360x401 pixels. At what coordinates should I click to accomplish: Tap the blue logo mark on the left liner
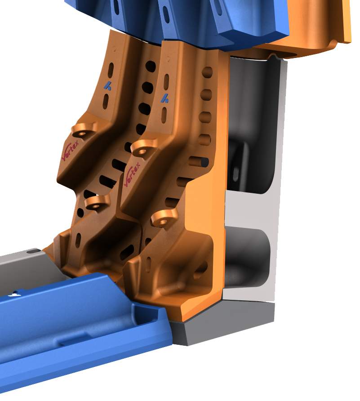[108, 86]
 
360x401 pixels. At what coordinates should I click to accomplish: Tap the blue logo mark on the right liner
[164, 98]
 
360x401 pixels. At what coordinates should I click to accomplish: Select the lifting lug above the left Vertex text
[84, 130]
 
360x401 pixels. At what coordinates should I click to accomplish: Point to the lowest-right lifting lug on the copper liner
[164, 218]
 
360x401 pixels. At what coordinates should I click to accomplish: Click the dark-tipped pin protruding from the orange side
[199, 162]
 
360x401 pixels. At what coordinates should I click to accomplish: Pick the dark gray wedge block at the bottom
[222, 322]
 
